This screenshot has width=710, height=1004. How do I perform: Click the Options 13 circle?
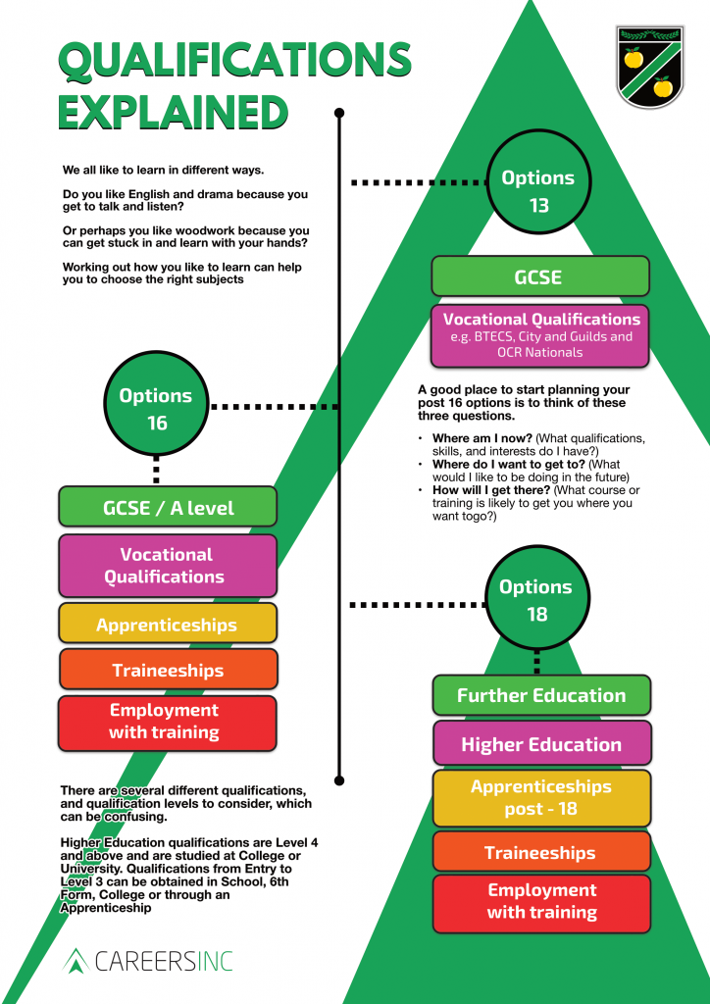click(538, 191)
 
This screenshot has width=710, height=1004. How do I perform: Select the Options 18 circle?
click(536, 600)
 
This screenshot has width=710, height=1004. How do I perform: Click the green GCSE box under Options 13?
click(539, 276)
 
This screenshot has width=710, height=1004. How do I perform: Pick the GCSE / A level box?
click(168, 507)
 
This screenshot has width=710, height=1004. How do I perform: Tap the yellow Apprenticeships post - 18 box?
click(541, 798)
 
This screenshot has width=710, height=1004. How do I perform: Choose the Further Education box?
click(541, 695)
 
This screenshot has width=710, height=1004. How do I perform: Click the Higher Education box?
click(541, 744)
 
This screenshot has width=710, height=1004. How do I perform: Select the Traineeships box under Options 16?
click(168, 670)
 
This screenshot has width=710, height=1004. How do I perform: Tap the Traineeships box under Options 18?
click(541, 852)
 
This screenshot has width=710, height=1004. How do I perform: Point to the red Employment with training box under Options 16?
click(168, 722)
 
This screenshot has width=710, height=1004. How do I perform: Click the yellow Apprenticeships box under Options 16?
click(168, 624)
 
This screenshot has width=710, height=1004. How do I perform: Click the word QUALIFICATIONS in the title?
click(234, 61)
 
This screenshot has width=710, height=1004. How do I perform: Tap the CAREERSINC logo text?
click(163, 960)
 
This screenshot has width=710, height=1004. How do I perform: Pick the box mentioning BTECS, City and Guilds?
click(541, 335)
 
